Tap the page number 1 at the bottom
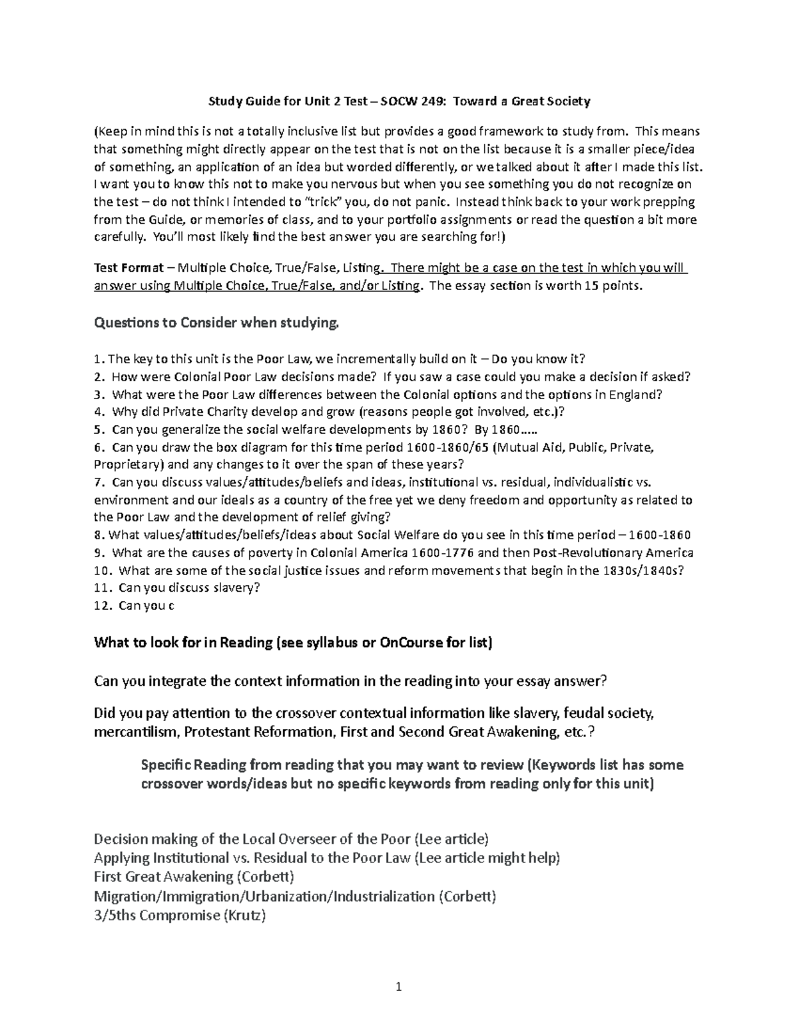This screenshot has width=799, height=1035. coord(399,987)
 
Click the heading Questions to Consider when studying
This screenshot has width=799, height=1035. coord(217,323)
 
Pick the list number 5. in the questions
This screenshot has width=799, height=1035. coord(99,430)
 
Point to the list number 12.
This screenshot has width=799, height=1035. coord(102,606)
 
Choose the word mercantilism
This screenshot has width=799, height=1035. coord(136,732)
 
